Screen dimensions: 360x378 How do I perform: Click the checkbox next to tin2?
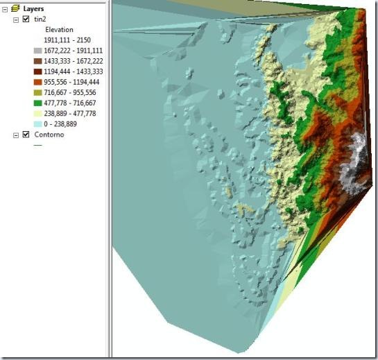(x=26, y=19)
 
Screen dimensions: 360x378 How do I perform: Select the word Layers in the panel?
(x=35, y=8)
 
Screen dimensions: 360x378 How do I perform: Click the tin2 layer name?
(x=40, y=19)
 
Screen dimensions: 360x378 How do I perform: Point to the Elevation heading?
(x=59, y=31)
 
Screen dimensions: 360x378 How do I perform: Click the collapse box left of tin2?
(x=16, y=19)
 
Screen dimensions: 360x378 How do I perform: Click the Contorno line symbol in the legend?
(x=38, y=146)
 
